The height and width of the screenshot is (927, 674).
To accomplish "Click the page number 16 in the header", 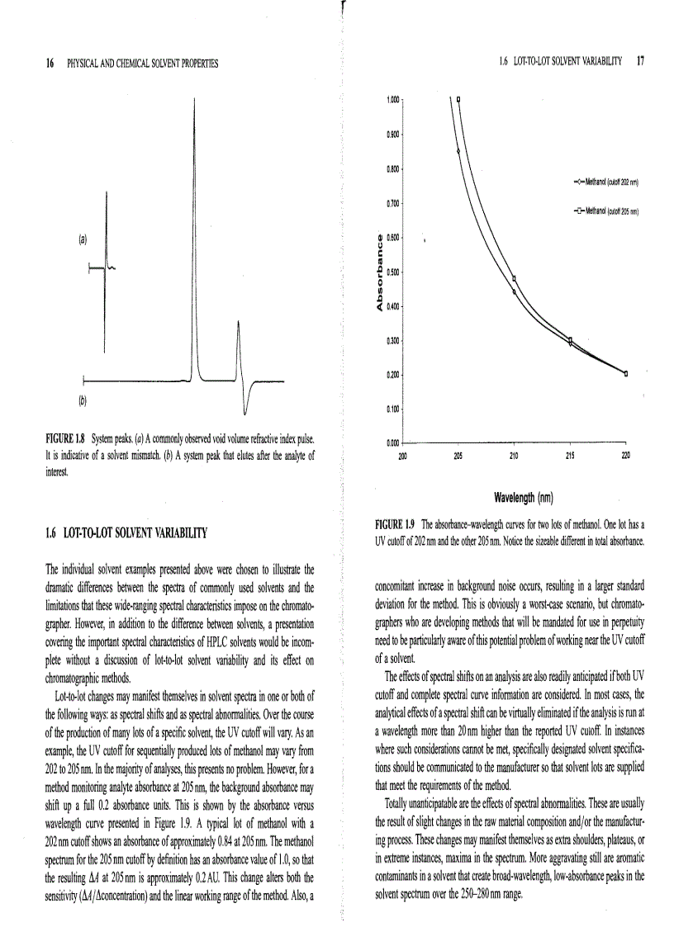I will [x=50, y=63].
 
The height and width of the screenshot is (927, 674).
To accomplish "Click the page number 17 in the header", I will [x=640, y=60].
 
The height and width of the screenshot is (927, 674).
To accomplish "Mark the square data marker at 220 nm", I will [x=625, y=374].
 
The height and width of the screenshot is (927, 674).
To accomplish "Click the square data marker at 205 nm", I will [x=458, y=100].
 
